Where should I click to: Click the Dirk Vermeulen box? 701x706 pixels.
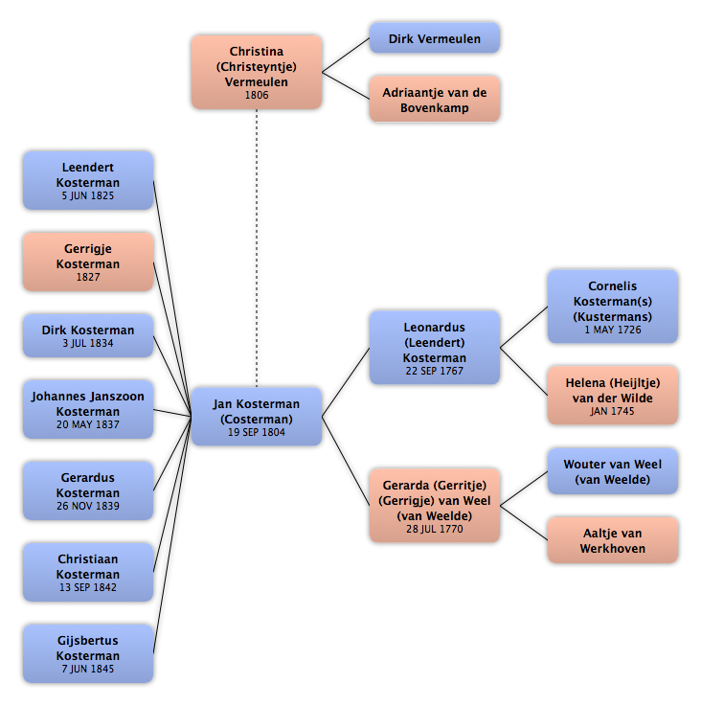click(435, 38)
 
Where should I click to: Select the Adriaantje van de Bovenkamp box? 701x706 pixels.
click(435, 100)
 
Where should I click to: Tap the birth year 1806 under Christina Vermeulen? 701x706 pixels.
click(257, 95)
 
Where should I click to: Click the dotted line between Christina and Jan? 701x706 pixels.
click(257, 248)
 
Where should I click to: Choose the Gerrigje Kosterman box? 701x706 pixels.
click(88, 262)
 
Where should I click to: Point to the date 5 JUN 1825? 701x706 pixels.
click(88, 195)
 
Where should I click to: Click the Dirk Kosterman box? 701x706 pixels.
click(88, 335)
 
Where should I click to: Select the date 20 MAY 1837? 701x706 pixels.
click(88, 424)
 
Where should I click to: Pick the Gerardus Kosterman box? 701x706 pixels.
click(88, 490)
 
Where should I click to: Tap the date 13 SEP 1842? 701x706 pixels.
click(88, 587)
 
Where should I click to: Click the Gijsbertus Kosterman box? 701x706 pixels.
click(88, 653)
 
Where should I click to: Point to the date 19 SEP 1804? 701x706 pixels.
click(257, 432)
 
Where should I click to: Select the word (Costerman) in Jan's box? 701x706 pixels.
click(257, 420)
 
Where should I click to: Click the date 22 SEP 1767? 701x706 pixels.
click(435, 371)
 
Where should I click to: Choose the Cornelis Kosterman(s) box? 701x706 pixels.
click(613, 307)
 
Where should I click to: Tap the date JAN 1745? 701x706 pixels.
click(613, 411)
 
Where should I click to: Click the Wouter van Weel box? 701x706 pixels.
click(613, 471)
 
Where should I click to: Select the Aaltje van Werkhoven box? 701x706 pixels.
click(613, 540)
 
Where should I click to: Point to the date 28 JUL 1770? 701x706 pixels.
click(435, 529)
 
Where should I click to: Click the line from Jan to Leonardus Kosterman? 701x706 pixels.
click(346, 382)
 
